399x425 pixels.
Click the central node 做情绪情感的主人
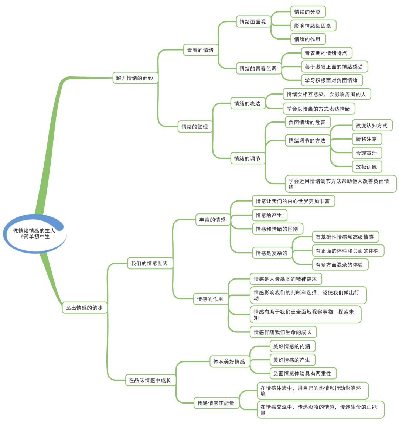coord(34,233)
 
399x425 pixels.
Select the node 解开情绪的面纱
coord(134,78)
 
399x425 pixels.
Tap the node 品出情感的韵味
coord(84,308)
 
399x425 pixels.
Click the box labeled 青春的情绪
coord(200,50)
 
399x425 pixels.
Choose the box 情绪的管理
coord(195,127)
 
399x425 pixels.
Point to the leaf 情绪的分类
coord(307,12)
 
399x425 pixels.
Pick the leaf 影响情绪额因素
coord(313,25)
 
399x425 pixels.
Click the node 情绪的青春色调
coord(258,68)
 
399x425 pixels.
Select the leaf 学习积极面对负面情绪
coord(331,80)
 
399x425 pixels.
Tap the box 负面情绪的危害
coord(307,122)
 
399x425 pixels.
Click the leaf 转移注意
coord(366,139)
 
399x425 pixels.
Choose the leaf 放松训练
coord(366,167)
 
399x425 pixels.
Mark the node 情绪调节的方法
coord(307,140)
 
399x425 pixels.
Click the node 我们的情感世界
coord(150,263)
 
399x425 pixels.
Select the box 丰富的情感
coord(212,220)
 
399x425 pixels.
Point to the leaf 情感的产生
coord(269,215)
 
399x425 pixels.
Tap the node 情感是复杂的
coord(272,253)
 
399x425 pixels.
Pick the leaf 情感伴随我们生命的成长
coord(283,332)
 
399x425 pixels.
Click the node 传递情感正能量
coord(216,403)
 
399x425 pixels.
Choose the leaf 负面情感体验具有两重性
coord(302,373)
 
